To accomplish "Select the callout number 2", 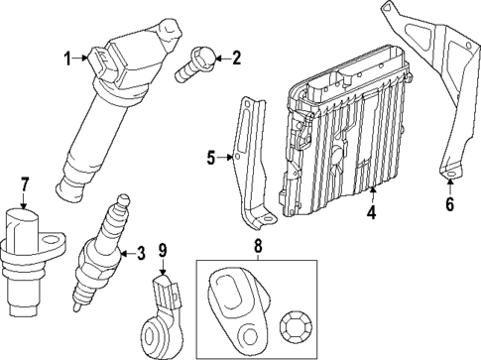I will (235, 59).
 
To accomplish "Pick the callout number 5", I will (211, 156).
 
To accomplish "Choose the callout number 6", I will (449, 205).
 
